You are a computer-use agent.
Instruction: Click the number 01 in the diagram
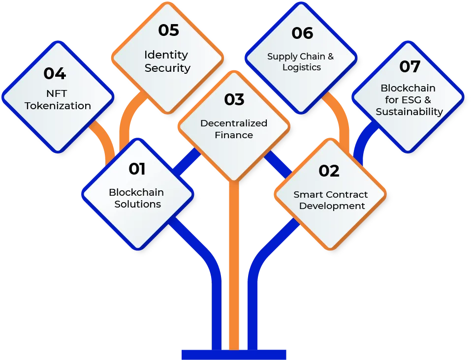point(137,169)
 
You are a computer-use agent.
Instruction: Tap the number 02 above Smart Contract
point(329,171)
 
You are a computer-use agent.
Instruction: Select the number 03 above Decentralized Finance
point(234,100)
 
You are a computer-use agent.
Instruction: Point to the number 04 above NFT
point(54,74)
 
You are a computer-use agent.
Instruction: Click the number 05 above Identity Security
point(168,30)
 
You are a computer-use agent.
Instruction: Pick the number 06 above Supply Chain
point(302,33)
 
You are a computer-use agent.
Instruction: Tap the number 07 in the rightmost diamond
point(410,66)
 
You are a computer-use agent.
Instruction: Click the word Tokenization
point(58,106)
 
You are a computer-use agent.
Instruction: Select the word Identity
point(166,55)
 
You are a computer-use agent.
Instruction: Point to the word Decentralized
point(234,123)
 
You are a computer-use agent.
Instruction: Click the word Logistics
point(302,67)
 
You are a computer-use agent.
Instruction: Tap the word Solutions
point(138,204)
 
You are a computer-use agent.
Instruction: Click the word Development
point(332,206)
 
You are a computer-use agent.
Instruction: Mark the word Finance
point(234,135)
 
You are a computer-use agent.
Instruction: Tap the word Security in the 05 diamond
point(167,68)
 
